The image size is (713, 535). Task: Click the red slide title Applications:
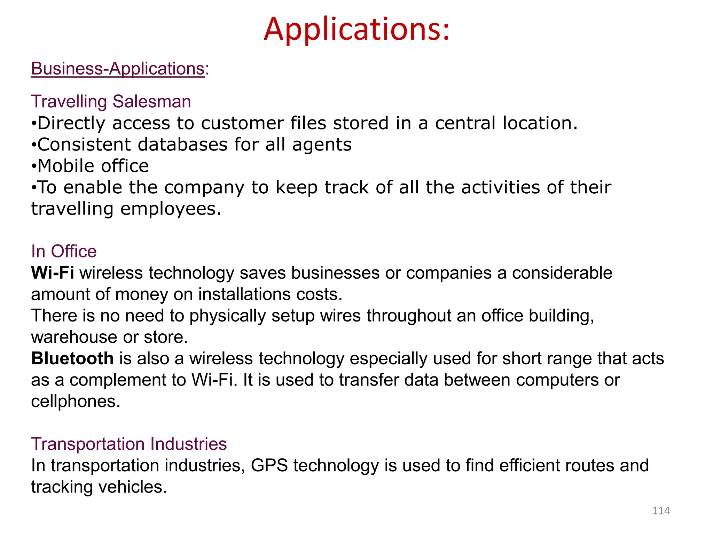[356, 29]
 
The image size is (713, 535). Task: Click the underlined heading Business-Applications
[118, 68]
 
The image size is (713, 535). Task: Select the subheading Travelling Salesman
[111, 102]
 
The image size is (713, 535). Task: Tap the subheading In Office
[64, 251]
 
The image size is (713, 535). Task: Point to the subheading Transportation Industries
[129, 444]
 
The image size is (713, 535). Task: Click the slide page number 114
[661, 511]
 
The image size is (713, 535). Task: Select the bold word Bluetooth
[72, 358]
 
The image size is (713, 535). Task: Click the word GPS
[269, 466]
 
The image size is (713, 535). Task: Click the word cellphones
[75, 401]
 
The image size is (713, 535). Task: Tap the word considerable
[562, 273]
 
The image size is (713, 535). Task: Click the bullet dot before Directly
[33, 124]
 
